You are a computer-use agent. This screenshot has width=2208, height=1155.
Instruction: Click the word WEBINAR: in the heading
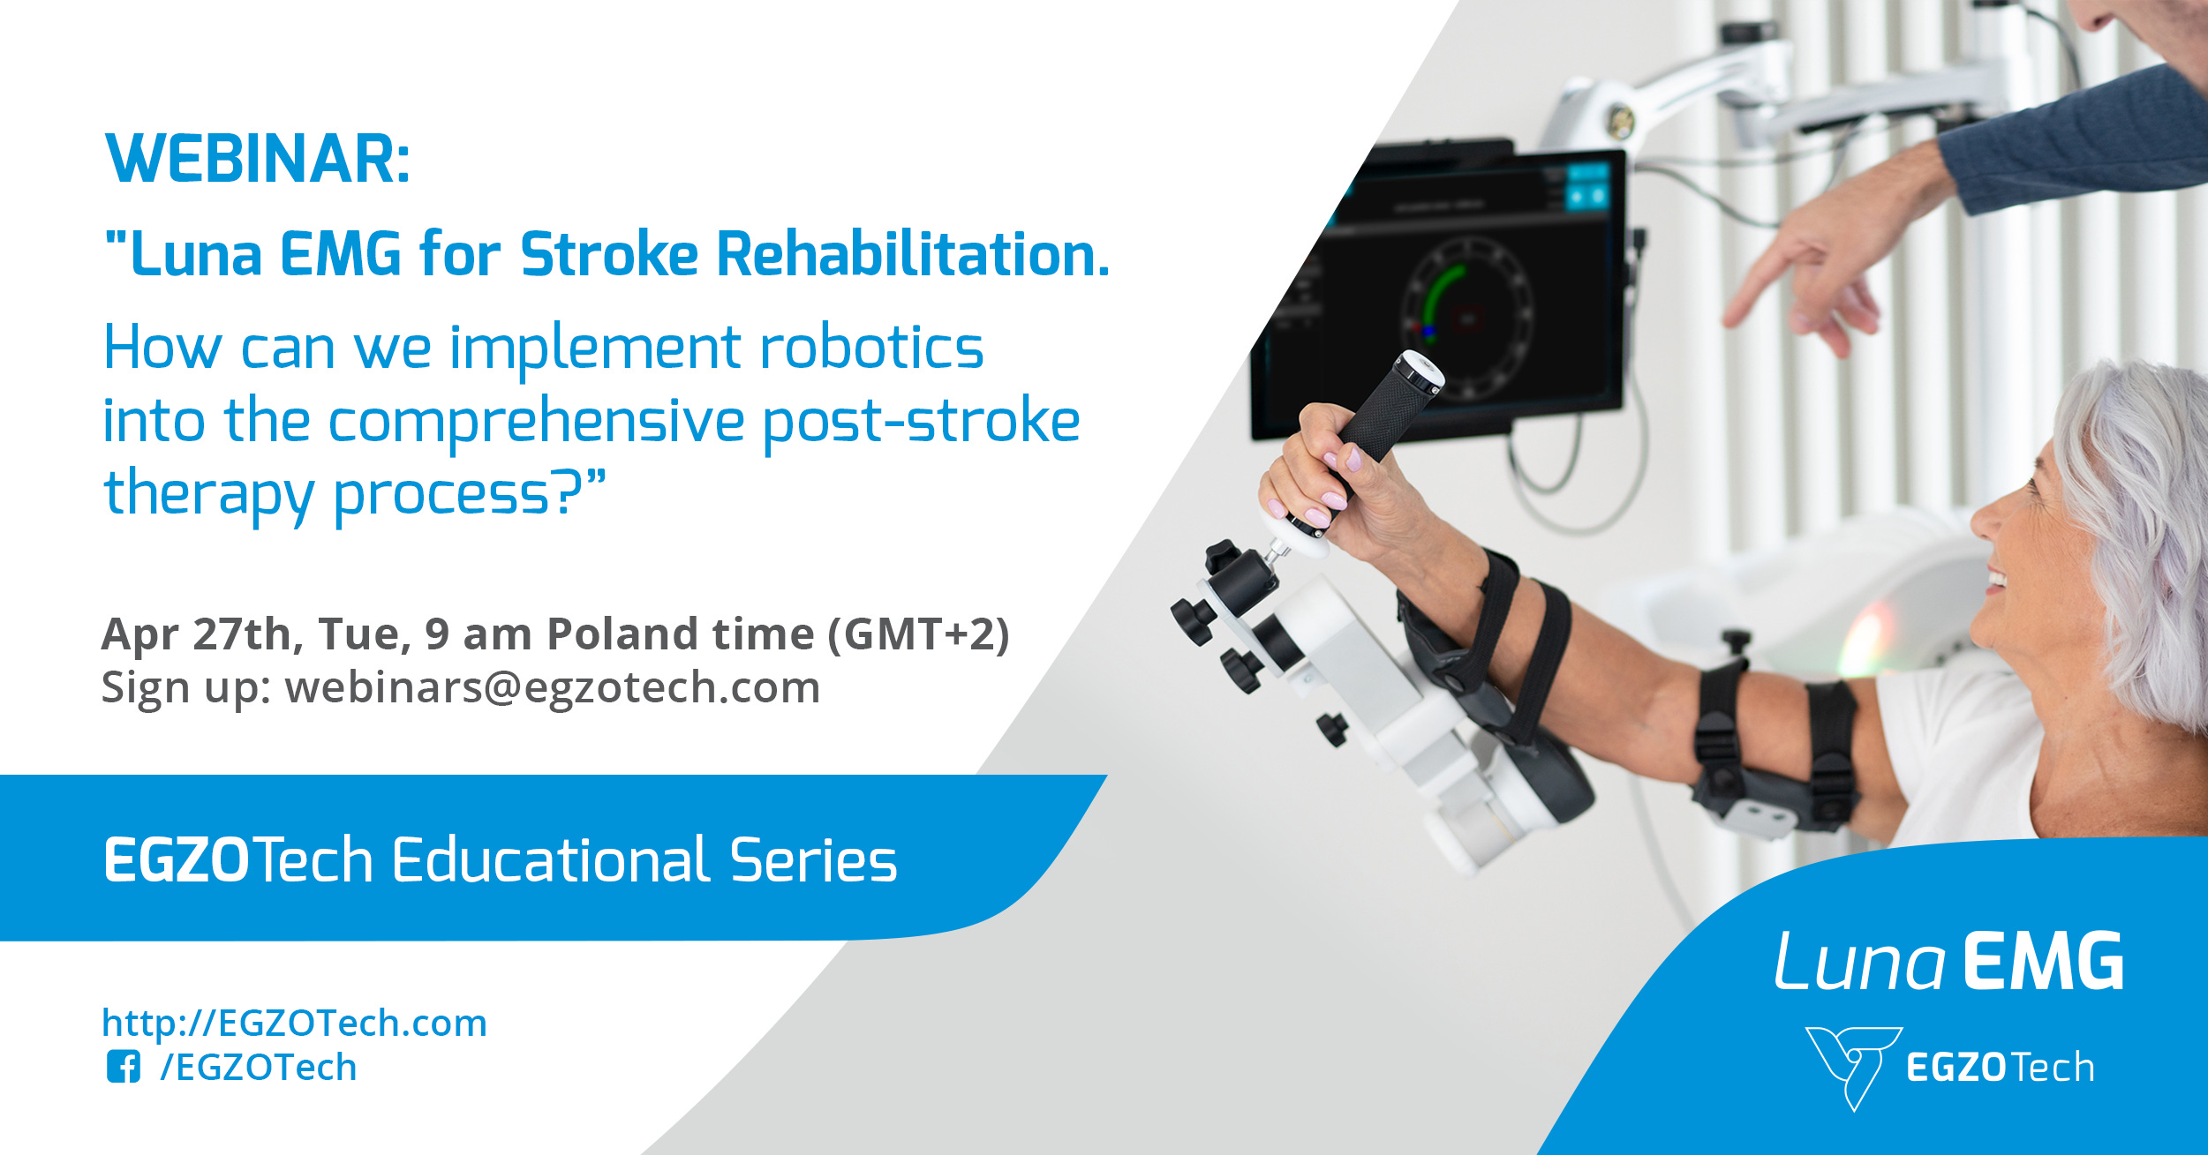coord(257,161)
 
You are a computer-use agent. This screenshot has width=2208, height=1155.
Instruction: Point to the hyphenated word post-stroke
coord(921,421)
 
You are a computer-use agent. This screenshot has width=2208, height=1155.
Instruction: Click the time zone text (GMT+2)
coord(918,634)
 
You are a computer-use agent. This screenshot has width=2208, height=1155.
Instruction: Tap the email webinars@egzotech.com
coord(552,688)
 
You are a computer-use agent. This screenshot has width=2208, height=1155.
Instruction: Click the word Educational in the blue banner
coord(550,861)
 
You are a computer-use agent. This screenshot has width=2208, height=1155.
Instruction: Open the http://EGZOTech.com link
coord(294,1024)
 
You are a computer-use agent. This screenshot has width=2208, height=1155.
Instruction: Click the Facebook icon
coord(123,1067)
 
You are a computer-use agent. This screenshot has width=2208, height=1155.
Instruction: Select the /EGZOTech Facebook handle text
coord(258,1068)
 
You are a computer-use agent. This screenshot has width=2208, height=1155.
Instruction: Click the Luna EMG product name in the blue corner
coord(1948,964)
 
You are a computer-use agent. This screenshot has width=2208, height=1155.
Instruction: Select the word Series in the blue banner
coord(813,861)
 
